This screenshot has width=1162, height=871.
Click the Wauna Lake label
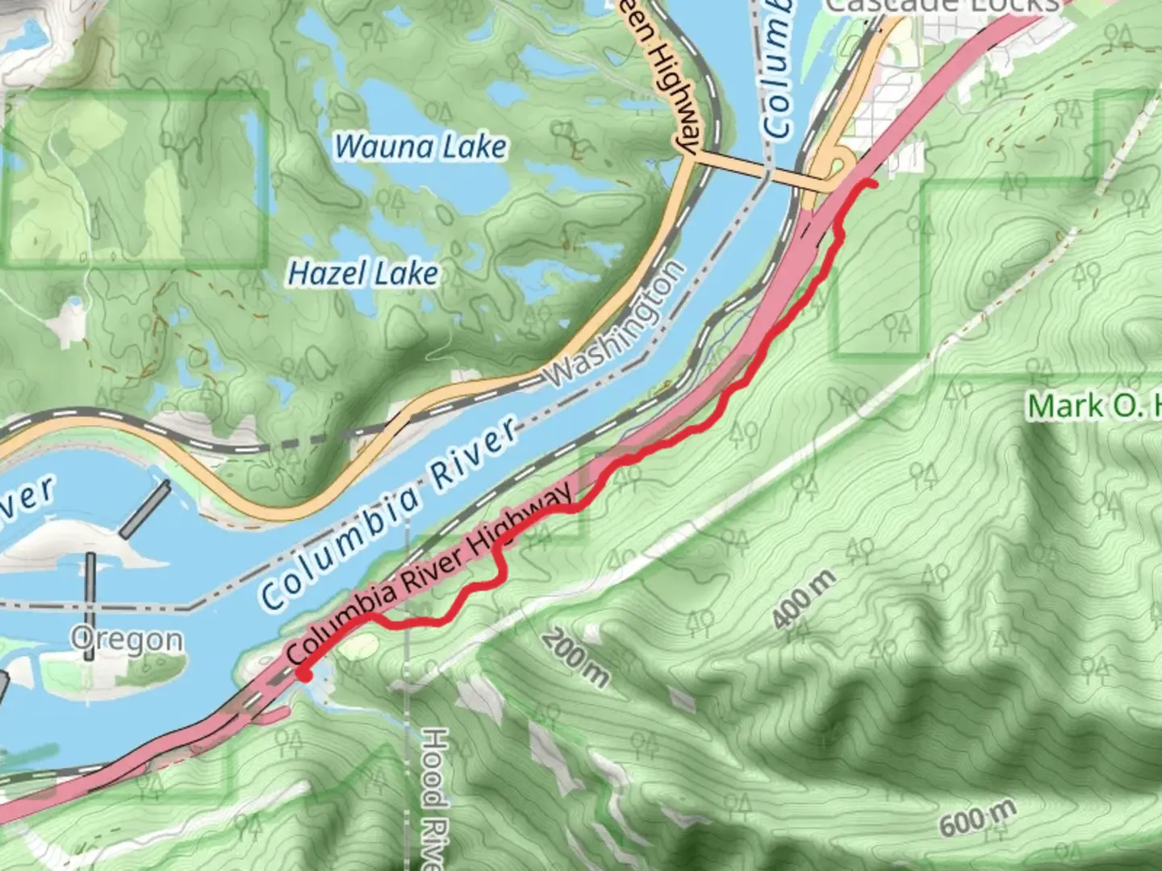point(420,147)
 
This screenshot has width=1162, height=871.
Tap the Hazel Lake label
point(363,274)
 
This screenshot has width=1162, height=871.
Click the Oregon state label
point(126,639)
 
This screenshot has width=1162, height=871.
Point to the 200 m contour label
point(575,657)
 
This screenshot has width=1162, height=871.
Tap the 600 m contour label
point(976,819)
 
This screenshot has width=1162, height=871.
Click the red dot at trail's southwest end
point(304,673)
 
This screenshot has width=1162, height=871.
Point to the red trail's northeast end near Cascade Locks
point(873,185)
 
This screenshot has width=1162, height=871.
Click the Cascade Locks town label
point(940,6)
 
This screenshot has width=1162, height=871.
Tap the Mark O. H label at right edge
point(1093,406)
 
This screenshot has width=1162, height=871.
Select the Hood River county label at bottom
point(434,798)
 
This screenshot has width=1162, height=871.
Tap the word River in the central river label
point(474,455)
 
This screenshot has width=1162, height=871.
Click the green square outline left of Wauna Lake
point(136,177)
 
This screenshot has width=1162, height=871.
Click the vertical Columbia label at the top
point(776,69)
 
